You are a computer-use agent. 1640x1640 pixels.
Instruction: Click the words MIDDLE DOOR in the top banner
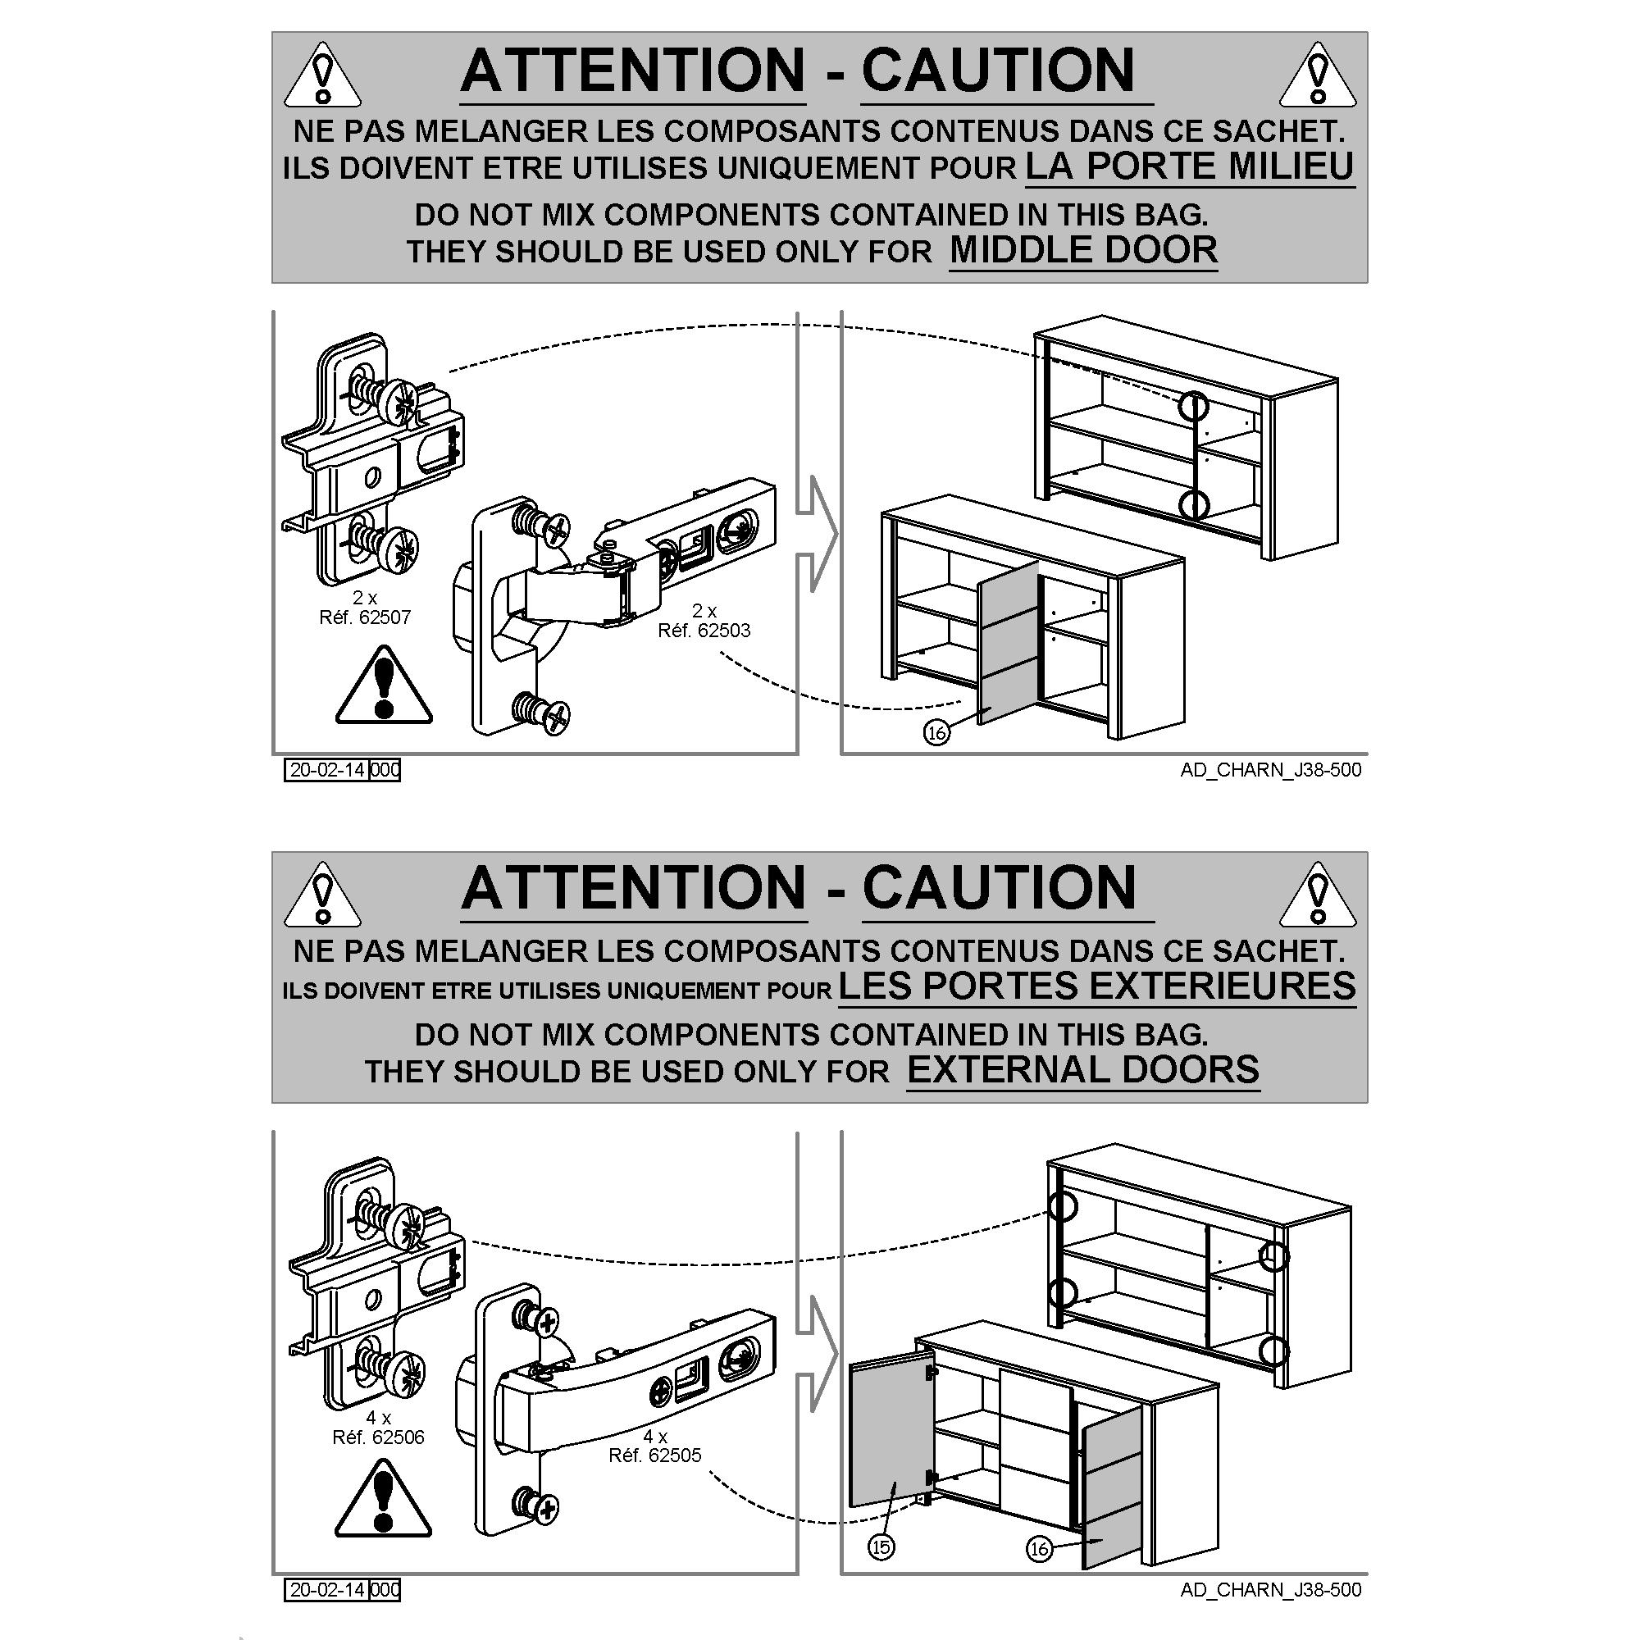click(1083, 250)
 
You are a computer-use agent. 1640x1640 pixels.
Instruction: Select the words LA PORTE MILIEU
click(1190, 166)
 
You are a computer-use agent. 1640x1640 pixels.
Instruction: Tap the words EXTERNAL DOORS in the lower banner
click(1083, 1069)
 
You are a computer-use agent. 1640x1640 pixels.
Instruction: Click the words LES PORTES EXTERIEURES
click(1096, 986)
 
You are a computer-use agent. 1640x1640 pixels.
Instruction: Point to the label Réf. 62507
click(365, 617)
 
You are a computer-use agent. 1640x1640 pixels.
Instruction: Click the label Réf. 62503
click(704, 630)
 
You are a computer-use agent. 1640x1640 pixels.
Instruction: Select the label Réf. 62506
click(379, 1437)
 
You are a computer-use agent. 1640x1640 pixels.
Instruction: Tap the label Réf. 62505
click(655, 1455)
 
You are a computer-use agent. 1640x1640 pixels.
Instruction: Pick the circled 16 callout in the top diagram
click(936, 732)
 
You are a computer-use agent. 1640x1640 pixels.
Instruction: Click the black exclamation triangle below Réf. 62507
click(384, 685)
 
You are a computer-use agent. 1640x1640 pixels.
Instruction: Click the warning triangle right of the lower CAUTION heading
click(1318, 895)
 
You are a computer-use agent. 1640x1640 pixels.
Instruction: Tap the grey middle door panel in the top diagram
click(1009, 643)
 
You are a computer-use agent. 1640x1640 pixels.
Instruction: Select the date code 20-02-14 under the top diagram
click(328, 770)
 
